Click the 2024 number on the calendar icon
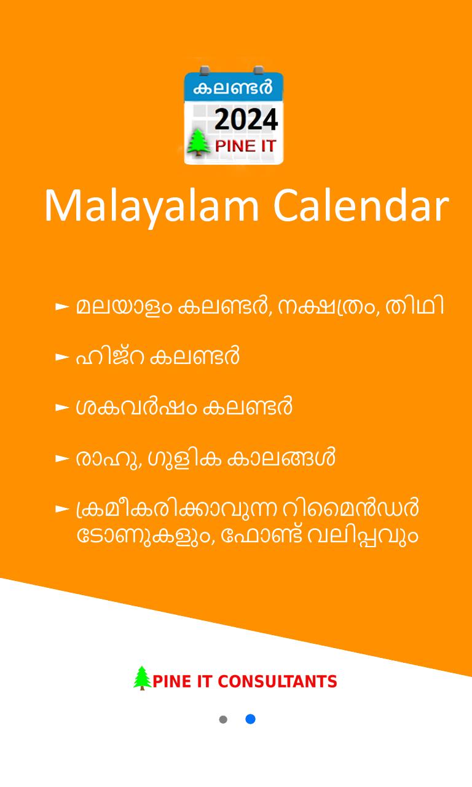pos(246,119)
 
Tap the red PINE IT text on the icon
pos(245,146)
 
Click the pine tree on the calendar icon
pos(199,142)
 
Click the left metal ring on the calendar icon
pos(205,70)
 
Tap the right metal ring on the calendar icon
pos(259,70)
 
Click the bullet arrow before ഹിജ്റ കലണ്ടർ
pos(62,357)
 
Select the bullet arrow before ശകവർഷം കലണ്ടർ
pos(62,408)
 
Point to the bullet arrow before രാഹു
pos(62,459)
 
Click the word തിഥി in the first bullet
pos(415,306)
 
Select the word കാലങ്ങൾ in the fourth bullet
pos(281,457)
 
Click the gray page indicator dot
pos(223,719)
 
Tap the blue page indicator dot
pos(250,719)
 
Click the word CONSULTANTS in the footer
pos(277,682)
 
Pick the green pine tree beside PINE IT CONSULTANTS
pos(142,678)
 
